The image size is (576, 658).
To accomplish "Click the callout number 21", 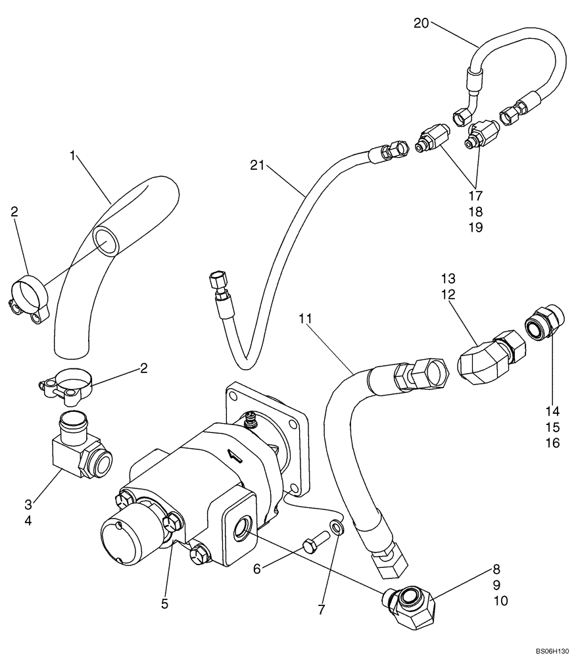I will click(258, 166).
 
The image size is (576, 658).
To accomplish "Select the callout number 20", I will click(421, 24).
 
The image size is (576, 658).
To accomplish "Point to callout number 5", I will click(165, 603).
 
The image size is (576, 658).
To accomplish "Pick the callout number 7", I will click(322, 610).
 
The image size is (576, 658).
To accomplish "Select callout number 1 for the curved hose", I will click(74, 155).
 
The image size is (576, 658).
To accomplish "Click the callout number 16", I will click(552, 443).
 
